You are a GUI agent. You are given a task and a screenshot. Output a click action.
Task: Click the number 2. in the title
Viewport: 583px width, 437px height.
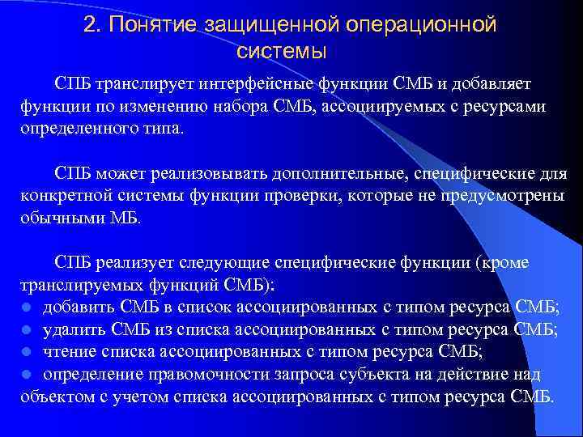click(x=91, y=25)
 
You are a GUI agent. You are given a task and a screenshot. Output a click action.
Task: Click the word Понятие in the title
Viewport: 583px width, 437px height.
click(x=148, y=25)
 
